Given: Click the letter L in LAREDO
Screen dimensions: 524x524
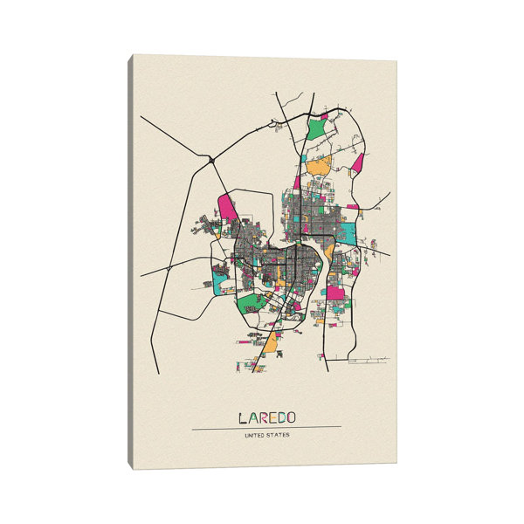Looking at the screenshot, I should [x=240, y=417].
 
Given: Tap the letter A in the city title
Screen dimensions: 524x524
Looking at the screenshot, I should [x=252, y=417].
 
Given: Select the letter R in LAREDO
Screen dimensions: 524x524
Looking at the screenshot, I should [x=262, y=417].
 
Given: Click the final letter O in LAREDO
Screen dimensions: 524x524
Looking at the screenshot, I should [x=293, y=417].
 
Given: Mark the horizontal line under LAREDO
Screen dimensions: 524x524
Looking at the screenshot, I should [x=266, y=427].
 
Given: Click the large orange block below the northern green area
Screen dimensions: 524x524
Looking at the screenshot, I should [x=320, y=165].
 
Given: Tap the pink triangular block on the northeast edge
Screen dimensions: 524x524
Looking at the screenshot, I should [x=358, y=162].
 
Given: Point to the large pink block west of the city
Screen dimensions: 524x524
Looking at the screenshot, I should [x=228, y=208].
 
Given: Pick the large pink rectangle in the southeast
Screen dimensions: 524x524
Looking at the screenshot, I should [x=336, y=293].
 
